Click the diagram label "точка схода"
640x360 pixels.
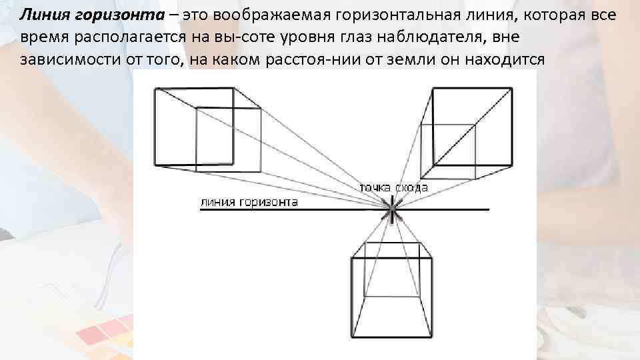coord(393,188)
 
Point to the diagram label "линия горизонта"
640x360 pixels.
coord(249,202)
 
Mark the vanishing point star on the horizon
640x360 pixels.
coord(392,211)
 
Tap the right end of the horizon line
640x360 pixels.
coord(489,210)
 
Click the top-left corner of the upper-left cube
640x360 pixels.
coord(155,89)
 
